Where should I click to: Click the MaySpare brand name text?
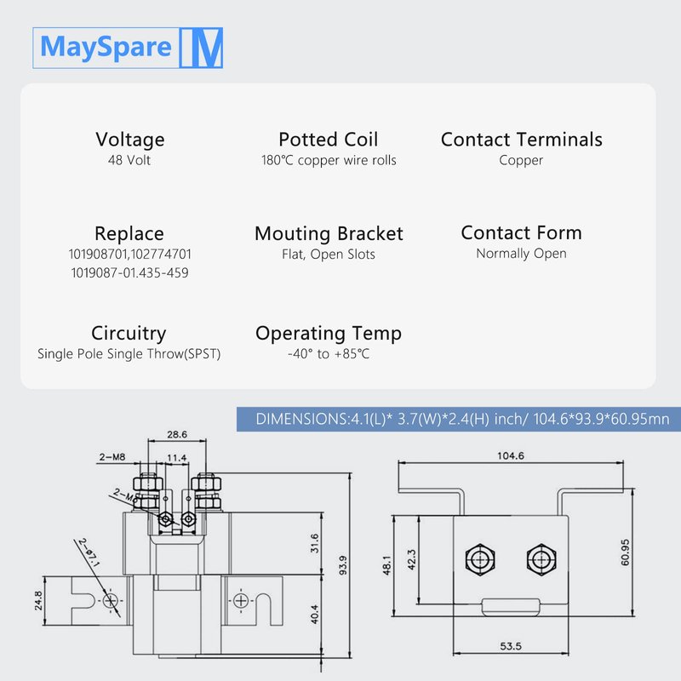coord(106,47)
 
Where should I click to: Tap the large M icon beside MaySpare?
coord(202,48)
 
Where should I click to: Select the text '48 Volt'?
coord(129,160)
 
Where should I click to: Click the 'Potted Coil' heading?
coord(328,140)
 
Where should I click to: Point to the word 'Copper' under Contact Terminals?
coord(521,160)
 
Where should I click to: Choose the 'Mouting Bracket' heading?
coord(329,233)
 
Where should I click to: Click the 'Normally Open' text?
coord(521,254)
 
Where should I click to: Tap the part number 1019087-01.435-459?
coord(129,272)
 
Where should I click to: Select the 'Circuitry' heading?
coord(129,333)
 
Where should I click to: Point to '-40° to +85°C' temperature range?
coord(329,353)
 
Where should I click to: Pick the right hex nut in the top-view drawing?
coord(538,559)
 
